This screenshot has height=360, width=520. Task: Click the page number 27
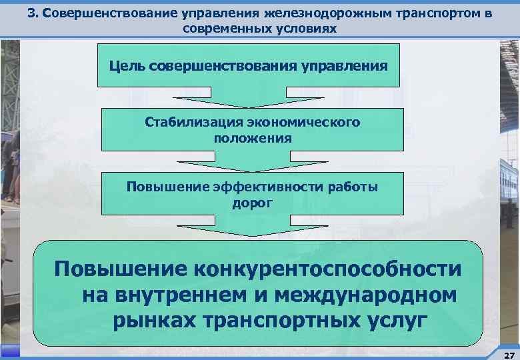tap(509, 355)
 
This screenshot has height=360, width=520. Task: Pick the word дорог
tap(252, 203)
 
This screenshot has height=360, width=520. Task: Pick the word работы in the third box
tap(351, 187)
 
